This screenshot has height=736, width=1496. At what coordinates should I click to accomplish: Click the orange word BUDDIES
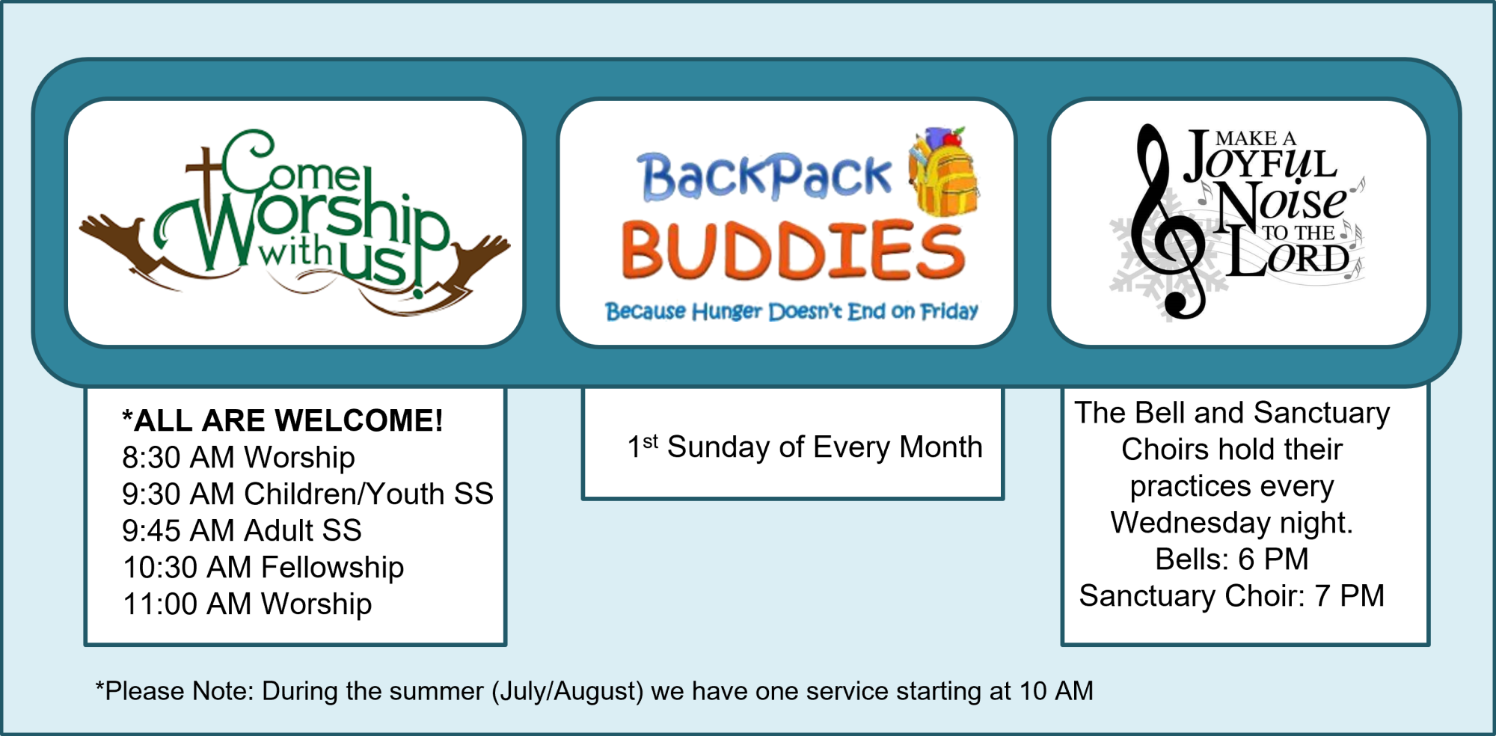click(793, 250)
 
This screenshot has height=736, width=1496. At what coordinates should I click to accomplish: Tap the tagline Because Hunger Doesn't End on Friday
click(791, 311)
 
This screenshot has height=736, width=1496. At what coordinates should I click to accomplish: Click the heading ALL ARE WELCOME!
click(283, 420)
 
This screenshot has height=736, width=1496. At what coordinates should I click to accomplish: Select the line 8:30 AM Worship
click(239, 457)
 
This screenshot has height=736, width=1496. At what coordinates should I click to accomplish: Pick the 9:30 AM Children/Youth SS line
click(307, 494)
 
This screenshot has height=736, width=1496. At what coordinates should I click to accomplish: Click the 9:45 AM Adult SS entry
click(242, 530)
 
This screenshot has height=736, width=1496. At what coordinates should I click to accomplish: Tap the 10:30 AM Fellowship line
click(263, 567)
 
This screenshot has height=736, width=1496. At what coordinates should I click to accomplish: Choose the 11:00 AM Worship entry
click(247, 604)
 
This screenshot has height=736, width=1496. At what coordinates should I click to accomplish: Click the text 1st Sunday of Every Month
click(805, 447)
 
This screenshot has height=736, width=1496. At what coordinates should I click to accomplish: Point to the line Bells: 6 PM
click(1232, 559)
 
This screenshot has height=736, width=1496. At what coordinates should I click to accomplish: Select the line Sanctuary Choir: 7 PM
click(1232, 595)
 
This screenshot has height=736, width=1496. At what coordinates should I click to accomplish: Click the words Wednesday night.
click(1232, 522)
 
